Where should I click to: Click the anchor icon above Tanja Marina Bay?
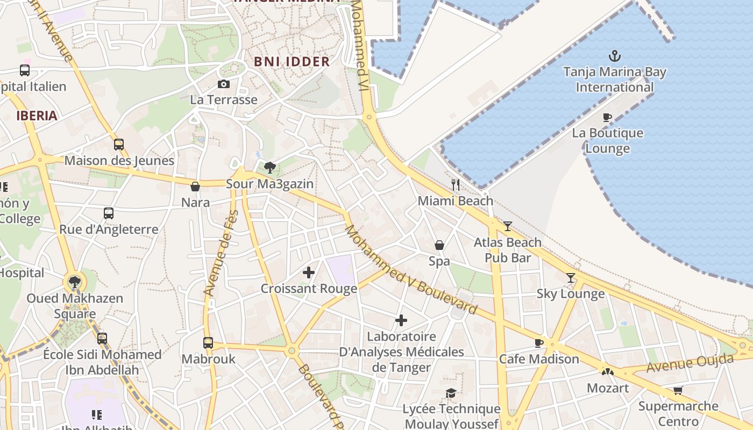point(614,56)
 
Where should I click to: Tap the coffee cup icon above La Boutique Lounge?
point(607,117)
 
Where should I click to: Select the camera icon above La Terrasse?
point(224,84)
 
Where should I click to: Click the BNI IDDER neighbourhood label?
point(292,62)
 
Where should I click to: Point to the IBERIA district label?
point(37,116)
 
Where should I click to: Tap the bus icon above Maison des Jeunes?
point(119,145)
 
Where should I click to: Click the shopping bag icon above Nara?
point(195,187)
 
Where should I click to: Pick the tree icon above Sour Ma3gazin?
point(270,168)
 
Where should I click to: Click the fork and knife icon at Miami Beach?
point(456,185)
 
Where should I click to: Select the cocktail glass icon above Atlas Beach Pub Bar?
point(507,226)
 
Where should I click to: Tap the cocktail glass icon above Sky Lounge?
point(571,278)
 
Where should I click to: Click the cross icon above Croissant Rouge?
point(309,273)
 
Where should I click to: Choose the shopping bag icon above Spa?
point(439,245)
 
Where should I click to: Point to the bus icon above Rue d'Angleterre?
point(109,213)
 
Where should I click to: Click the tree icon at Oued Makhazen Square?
point(75,282)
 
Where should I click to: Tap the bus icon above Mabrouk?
point(208,343)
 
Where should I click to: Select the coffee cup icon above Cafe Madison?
point(539,343)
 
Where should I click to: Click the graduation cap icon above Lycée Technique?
point(451,393)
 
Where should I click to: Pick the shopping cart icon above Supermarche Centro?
point(678,390)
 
